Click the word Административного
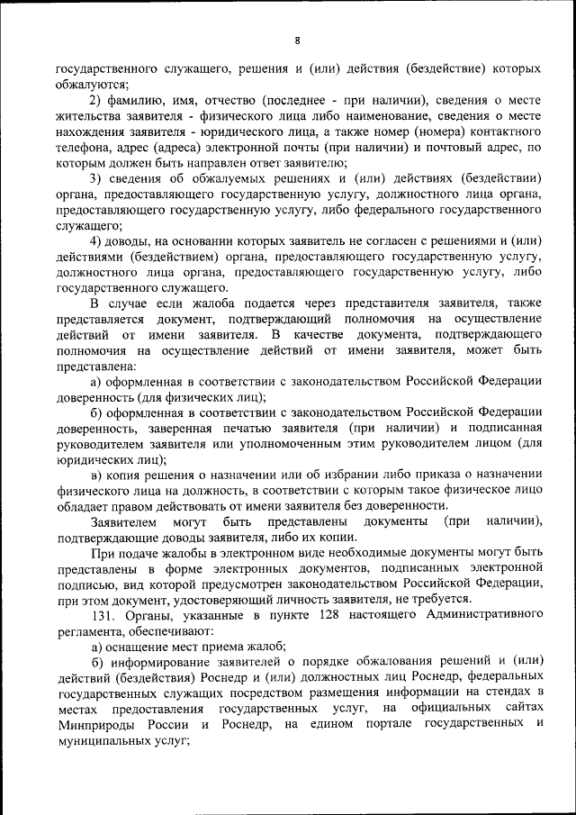[x=482, y=614]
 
